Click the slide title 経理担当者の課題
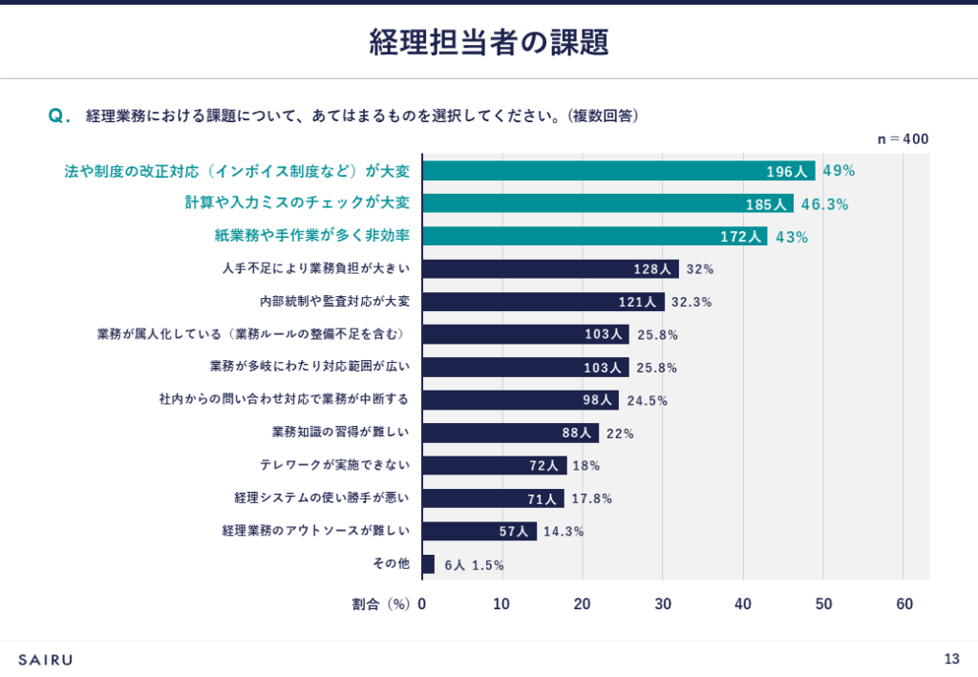pos(488,43)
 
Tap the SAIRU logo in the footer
pos(45,659)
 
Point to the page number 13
pos(951,659)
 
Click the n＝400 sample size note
pos(903,139)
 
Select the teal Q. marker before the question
pos(59,116)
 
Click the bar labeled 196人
pos(618,171)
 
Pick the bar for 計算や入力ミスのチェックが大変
pos(607,203)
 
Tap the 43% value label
pos(792,237)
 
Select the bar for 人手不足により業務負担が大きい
pos(550,269)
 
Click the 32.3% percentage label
pos(691,302)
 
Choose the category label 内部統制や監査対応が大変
pos(334,302)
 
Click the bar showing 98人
pos(521,400)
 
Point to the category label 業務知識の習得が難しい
pos(341,433)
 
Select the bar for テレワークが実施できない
pos(494,466)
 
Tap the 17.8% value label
pos(592,498)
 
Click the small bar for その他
pos(428,564)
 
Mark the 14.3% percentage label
pos(563,532)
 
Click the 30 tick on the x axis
pos(663,603)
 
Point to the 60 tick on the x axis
pos(904,603)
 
